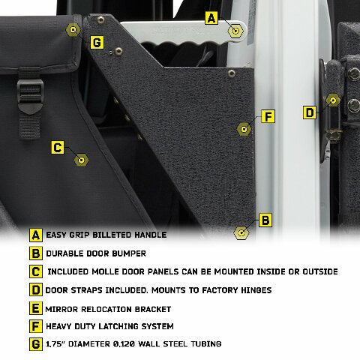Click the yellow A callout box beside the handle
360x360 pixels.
click(211, 17)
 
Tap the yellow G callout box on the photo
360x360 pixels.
click(97, 42)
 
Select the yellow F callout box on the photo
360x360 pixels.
click(268, 117)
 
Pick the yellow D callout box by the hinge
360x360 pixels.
click(310, 112)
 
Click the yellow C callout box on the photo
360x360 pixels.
click(58, 148)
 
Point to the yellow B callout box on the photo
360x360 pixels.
click(264, 220)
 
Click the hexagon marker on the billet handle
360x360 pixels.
click(235, 31)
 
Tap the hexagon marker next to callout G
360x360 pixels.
click(73, 30)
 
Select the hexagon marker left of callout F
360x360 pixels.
click(242, 128)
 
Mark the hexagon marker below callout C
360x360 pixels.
click(82, 160)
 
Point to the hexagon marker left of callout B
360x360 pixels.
click(241, 232)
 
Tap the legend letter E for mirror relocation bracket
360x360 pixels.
click(35, 308)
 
